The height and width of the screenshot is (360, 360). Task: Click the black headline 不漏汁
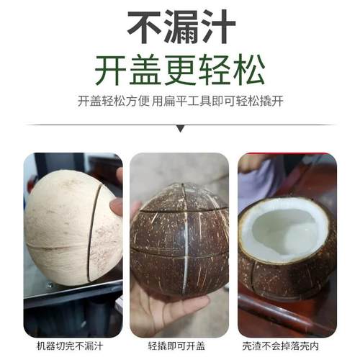181,28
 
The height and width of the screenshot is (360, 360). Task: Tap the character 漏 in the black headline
181,28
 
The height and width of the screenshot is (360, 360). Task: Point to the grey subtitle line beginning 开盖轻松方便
180,102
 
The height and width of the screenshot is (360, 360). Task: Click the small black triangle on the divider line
180,129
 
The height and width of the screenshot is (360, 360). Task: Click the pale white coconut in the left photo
61,223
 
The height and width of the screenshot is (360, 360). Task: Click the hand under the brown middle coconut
162,310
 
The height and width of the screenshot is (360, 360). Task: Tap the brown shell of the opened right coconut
288,277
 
